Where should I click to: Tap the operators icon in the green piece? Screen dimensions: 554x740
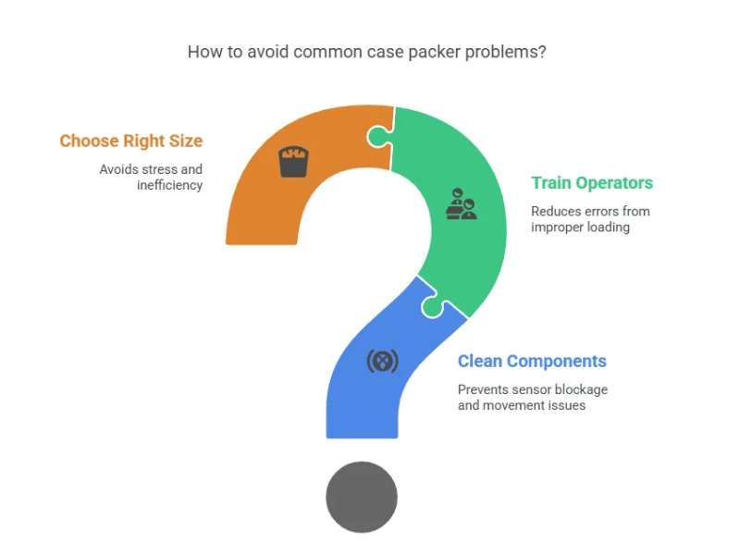click(x=461, y=204)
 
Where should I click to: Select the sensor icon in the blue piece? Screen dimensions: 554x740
click(x=382, y=360)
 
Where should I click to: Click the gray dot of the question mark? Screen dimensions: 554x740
click(x=362, y=497)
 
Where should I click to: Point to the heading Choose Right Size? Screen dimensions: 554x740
click(x=130, y=142)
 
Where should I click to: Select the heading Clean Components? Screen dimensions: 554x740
click(x=532, y=362)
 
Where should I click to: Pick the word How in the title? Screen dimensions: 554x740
click(x=203, y=52)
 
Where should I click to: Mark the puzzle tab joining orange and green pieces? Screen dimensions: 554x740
click(x=378, y=137)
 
